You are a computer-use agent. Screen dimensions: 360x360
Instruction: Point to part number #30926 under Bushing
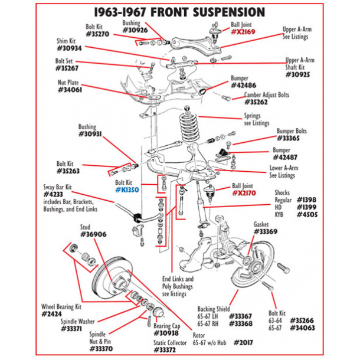(134, 30)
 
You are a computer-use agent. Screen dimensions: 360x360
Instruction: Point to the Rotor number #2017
(244, 342)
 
